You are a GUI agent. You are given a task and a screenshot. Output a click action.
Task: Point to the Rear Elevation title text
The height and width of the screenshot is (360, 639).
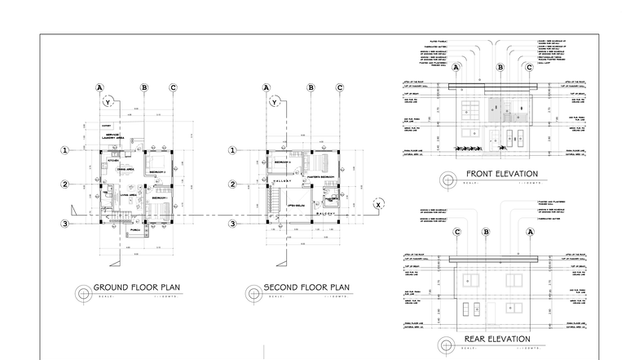497,339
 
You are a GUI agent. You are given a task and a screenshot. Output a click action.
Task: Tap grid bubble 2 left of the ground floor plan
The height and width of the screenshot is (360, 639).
64,184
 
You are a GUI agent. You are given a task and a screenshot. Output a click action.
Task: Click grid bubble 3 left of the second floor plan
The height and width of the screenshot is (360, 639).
233,224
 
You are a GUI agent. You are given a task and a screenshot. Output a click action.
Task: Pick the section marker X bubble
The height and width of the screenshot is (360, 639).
377,205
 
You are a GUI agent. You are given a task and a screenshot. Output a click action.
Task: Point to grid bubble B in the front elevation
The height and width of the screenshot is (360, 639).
502,68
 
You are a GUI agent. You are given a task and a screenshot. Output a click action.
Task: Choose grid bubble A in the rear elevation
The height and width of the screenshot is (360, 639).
530,232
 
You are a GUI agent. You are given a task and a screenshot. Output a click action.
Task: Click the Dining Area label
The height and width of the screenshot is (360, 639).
123,170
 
